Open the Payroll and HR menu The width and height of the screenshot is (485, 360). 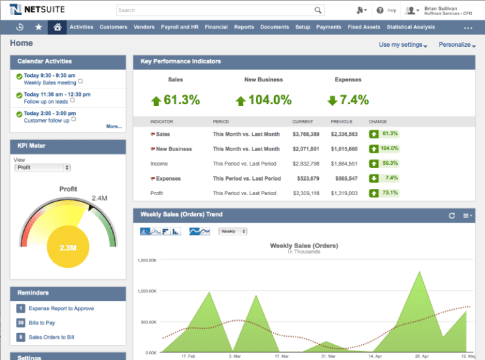tap(179, 27)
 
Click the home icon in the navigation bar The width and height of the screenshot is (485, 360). tap(57, 27)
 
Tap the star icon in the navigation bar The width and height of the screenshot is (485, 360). tap(39, 27)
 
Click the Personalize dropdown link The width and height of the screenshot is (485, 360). tap(457, 45)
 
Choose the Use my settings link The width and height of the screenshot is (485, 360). tap(402, 45)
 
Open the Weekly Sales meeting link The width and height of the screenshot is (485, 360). tap(50, 82)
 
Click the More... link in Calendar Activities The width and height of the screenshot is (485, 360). tap(114, 126)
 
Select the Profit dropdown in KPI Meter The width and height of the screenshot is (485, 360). tap(42, 167)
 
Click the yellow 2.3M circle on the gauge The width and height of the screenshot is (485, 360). tap(68, 248)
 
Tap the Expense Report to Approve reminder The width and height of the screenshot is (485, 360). tap(61, 308)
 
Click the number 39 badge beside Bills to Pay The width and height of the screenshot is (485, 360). tap(21, 323)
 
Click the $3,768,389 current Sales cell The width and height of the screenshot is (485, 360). tap(306, 134)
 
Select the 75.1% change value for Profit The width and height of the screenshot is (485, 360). tap(389, 193)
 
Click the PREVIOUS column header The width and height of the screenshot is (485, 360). tap(341, 121)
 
